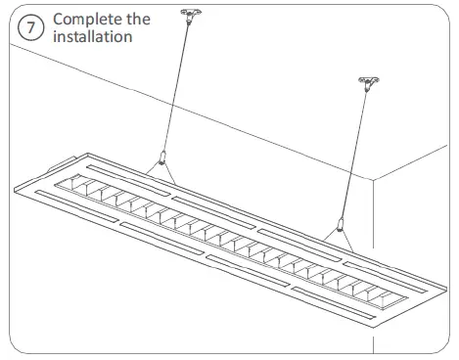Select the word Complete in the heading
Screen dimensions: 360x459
[x=88, y=19]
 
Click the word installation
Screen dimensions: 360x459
[x=93, y=36]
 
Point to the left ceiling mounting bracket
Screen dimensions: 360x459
[x=183, y=16]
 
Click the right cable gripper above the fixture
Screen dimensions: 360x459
[x=339, y=224]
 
